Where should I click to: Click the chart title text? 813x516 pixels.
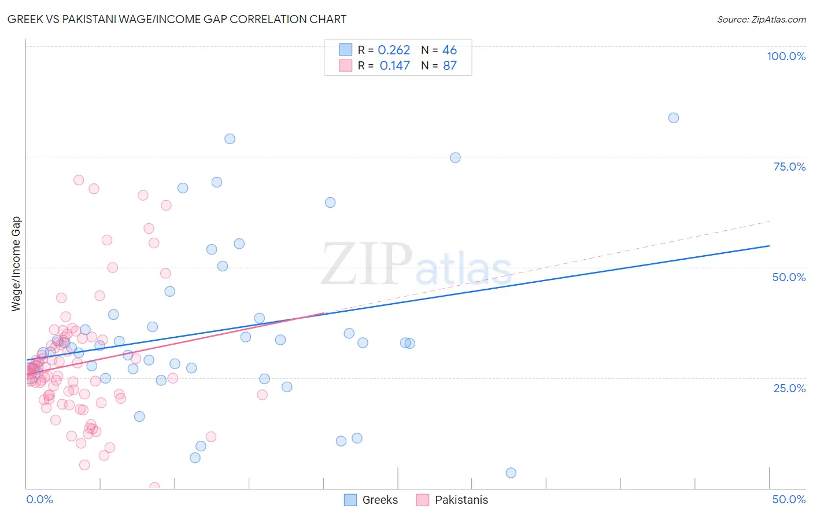177,19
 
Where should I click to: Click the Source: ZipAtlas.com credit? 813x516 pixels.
761,19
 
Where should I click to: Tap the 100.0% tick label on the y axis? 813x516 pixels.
786,56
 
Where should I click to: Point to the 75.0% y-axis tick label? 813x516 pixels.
789,167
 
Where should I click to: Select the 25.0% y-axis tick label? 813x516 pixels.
789,388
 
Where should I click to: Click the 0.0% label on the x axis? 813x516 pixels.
39,499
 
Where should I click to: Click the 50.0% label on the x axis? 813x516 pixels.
788,499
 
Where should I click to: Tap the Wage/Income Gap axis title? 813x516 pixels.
16,264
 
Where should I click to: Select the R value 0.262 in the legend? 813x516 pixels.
394,50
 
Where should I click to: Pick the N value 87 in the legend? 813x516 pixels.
450,66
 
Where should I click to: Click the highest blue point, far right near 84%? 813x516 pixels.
673,118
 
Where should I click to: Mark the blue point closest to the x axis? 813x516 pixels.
511,473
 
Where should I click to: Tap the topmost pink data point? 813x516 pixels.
79,180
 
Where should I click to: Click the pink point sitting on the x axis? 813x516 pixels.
154,487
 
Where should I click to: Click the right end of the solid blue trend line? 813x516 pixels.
769,246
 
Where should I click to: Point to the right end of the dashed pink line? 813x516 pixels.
769,222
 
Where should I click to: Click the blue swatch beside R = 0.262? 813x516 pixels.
346,50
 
